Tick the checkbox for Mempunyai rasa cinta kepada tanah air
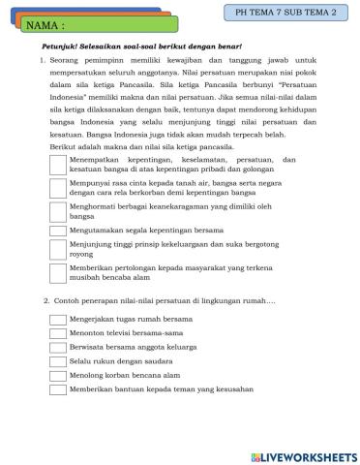[57, 186]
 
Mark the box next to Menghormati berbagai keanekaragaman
[57, 210]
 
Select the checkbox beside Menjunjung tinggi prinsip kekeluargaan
[57, 251]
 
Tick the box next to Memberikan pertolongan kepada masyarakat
[57, 275]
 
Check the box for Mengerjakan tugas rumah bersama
[57, 318]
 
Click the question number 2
[47, 299]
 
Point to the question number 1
[43, 60]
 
